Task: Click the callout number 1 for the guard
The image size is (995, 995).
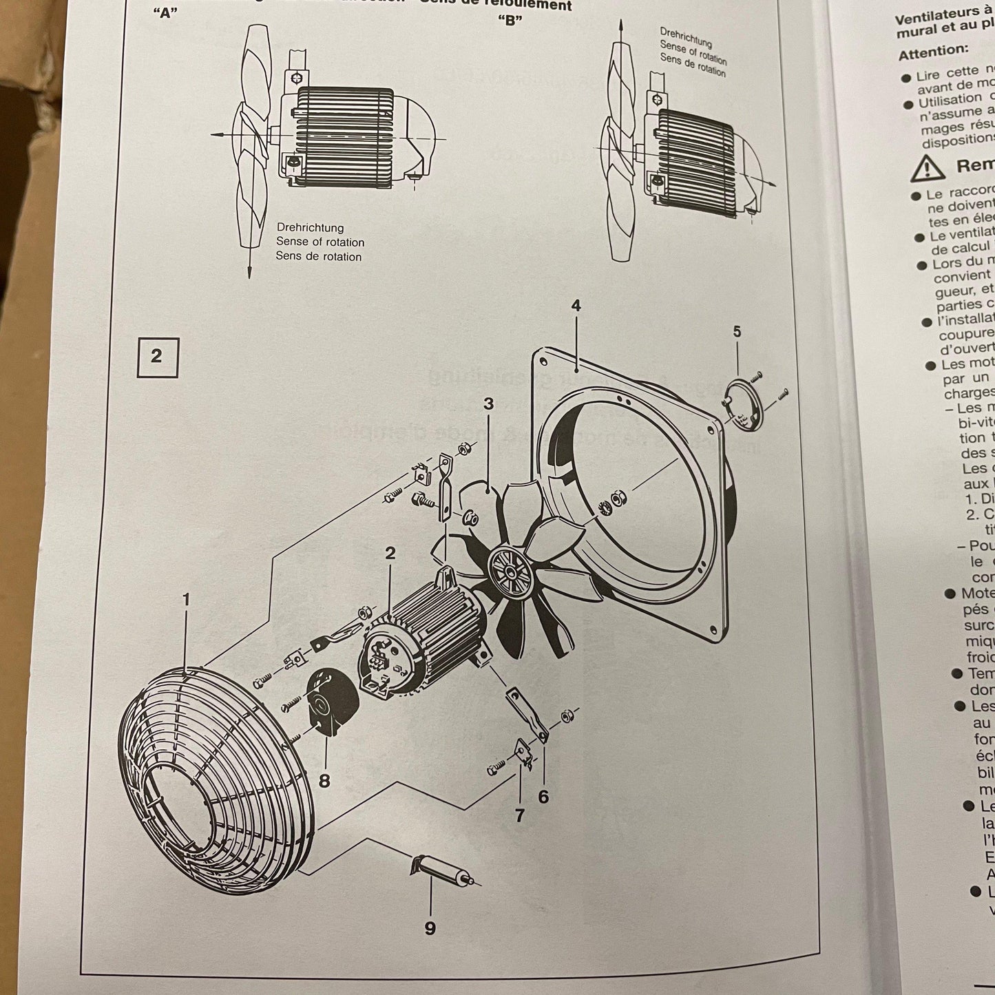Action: tap(186, 600)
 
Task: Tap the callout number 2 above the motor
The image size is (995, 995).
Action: tap(390, 552)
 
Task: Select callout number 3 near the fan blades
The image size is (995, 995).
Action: tap(488, 404)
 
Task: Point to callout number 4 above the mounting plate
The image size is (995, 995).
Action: tap(576, 304)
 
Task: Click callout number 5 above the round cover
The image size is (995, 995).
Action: tap(737, 332)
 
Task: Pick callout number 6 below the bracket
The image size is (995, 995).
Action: tap(543, 797)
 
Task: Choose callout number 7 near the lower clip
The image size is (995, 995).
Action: tap(519, 816)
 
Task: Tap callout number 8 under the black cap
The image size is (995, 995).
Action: tap(324, 781)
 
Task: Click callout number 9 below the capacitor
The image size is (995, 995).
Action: tap(430, 928)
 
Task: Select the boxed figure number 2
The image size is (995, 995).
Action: tap(156, 357)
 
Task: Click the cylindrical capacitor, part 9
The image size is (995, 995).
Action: tap(441, 870)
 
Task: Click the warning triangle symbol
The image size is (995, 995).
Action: tap(927, 167)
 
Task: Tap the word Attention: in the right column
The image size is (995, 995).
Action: tap(933, 51)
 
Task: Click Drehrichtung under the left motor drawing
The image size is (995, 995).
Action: tap(310, 227)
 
